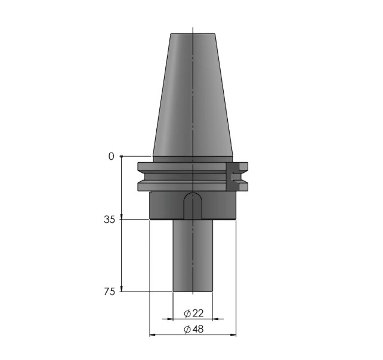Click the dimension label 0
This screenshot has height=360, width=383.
110,156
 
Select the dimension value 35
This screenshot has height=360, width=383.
110,219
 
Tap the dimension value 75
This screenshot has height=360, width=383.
110,291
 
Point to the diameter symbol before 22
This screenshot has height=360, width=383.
187,314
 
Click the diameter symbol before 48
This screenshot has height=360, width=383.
187,330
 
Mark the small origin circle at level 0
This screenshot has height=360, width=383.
122,156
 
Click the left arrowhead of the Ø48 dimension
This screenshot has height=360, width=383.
152,335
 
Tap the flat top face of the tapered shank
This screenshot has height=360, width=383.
193,34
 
